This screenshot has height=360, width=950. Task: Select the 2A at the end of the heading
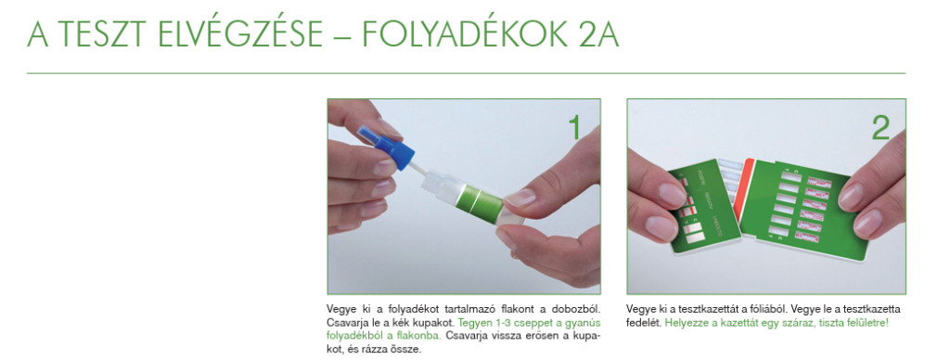595,35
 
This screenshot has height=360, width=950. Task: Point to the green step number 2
880,128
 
